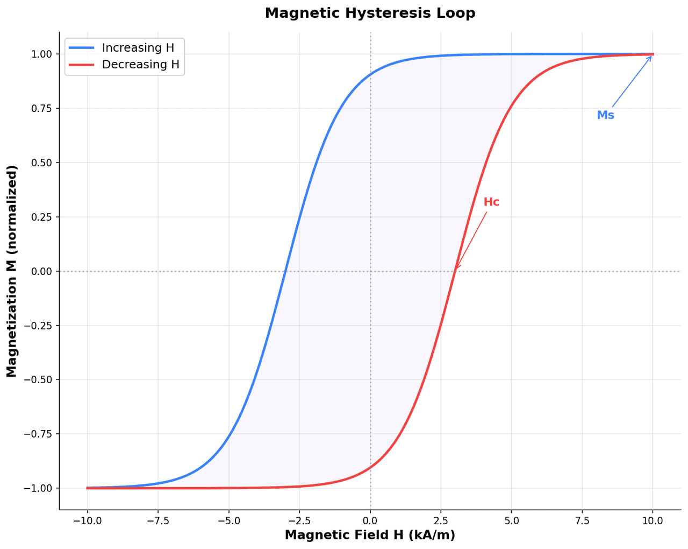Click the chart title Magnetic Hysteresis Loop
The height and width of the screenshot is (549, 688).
click(x=370, y=13)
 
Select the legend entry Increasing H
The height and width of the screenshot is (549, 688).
click(x=138, y=48)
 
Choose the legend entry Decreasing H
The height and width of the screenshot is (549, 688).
click(x=140, y=65)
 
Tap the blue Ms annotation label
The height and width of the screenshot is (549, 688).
click(x=605, y=115)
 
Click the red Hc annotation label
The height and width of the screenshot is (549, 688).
click(x=491, y=202)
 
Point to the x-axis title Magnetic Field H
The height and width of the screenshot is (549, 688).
click(x=370, y=535)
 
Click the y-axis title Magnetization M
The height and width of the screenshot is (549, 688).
click(x=12, y=271)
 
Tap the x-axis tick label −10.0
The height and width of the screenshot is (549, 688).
click(x=88, y=520)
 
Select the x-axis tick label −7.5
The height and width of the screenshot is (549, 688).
click(x=158, y=520)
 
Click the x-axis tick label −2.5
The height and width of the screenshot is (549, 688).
click(x=299, y=520)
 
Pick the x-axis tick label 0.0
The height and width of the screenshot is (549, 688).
click(x=370, y=520)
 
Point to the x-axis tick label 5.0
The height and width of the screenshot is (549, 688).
click(x=512, y=520)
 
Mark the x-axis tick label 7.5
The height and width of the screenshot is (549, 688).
click(x=582, y=520)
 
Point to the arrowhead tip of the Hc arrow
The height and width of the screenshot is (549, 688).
click(x=456, y=269)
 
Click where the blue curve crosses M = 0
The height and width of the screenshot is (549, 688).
click(x=285, y=271)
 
